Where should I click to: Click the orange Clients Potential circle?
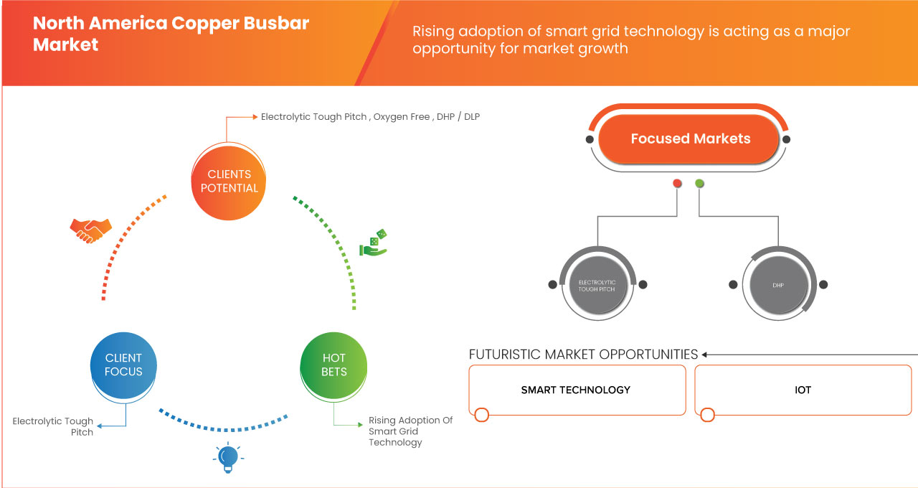tap(229, 181)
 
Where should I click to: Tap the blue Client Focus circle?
tap(123, 365)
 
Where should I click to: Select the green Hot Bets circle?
tap(334, 365)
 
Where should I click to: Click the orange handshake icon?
tap(90, 230)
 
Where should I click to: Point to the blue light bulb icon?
tap(228, 457)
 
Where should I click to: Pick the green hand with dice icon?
tap(373, 244)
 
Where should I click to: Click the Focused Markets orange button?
tap(689, 139)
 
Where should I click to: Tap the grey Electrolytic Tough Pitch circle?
tap(597, 285)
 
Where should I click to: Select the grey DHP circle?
tap(778, 285)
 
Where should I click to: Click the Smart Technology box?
tap(577, 390)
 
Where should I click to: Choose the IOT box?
tap(803, 390)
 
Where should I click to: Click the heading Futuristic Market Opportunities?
tap(583, 355)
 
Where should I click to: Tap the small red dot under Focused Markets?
tap(677, 184)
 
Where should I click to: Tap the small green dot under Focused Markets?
tap(699, 184)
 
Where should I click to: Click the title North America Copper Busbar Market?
tap(171, 33)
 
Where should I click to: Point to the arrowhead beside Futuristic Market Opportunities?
tap(705, 355)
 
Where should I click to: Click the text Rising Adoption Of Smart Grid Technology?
tap(410, 431)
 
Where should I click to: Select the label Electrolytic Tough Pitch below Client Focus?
tap(53, 426)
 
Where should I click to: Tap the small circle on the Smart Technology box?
tap(482, 415)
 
